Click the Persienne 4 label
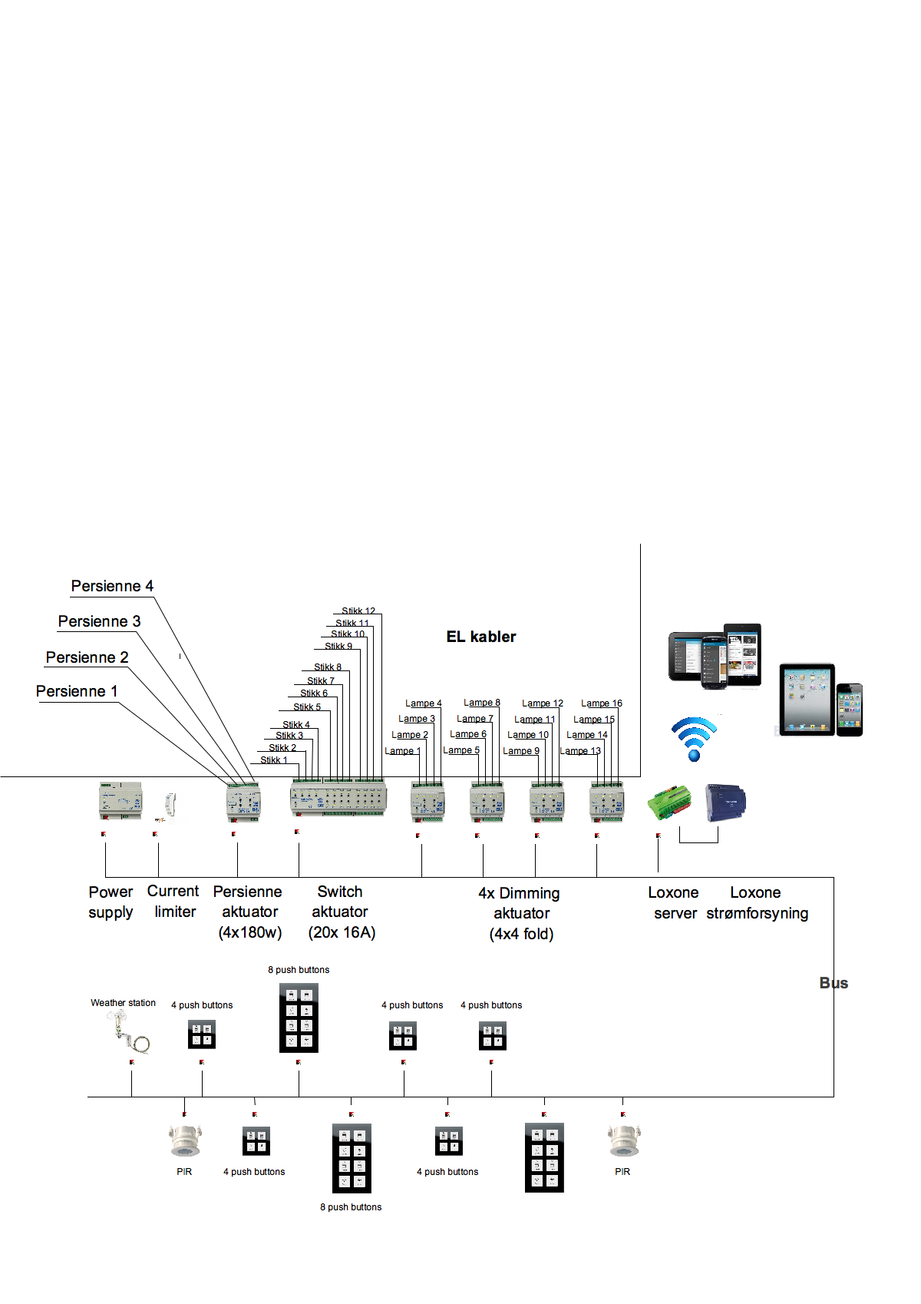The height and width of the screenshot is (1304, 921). tap(112, 586)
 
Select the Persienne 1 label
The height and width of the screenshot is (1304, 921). tap(77, 691)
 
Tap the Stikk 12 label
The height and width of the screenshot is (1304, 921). tap(358, 611)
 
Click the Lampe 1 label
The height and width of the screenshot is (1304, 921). tap(402, 751)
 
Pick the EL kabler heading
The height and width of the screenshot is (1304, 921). tap(481, 637)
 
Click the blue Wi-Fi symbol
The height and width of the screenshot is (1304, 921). tap(694, 738)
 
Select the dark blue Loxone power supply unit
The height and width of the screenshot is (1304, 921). tap(725, 803)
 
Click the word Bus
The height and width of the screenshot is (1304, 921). tap(834, 983)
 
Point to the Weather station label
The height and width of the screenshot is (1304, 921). tap(123, 1003)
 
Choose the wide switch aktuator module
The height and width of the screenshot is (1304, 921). tap(338, 799)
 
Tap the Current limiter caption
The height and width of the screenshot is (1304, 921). tap(173, 902)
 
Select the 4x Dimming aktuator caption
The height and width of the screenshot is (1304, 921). tap(520, 913)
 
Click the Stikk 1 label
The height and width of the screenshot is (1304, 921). tap(273, 760)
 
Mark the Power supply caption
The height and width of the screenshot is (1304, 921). tap(111, 902)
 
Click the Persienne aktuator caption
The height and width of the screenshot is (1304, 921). tap(249, 912)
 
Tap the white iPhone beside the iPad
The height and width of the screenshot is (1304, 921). tap(850, 710)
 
